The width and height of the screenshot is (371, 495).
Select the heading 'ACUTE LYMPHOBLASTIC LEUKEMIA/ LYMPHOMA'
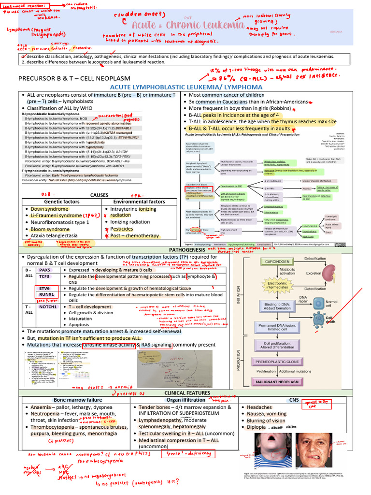click(x=186, y=87)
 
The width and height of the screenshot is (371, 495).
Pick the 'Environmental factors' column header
click(x=139, y=202)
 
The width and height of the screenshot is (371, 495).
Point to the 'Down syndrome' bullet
click(x=49, y=209)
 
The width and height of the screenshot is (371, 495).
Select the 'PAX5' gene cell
click(x=44, y=270)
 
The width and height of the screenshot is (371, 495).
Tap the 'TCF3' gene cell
click(x=44, y=277)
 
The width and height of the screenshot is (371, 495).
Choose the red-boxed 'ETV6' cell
click(x=44, y=288)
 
